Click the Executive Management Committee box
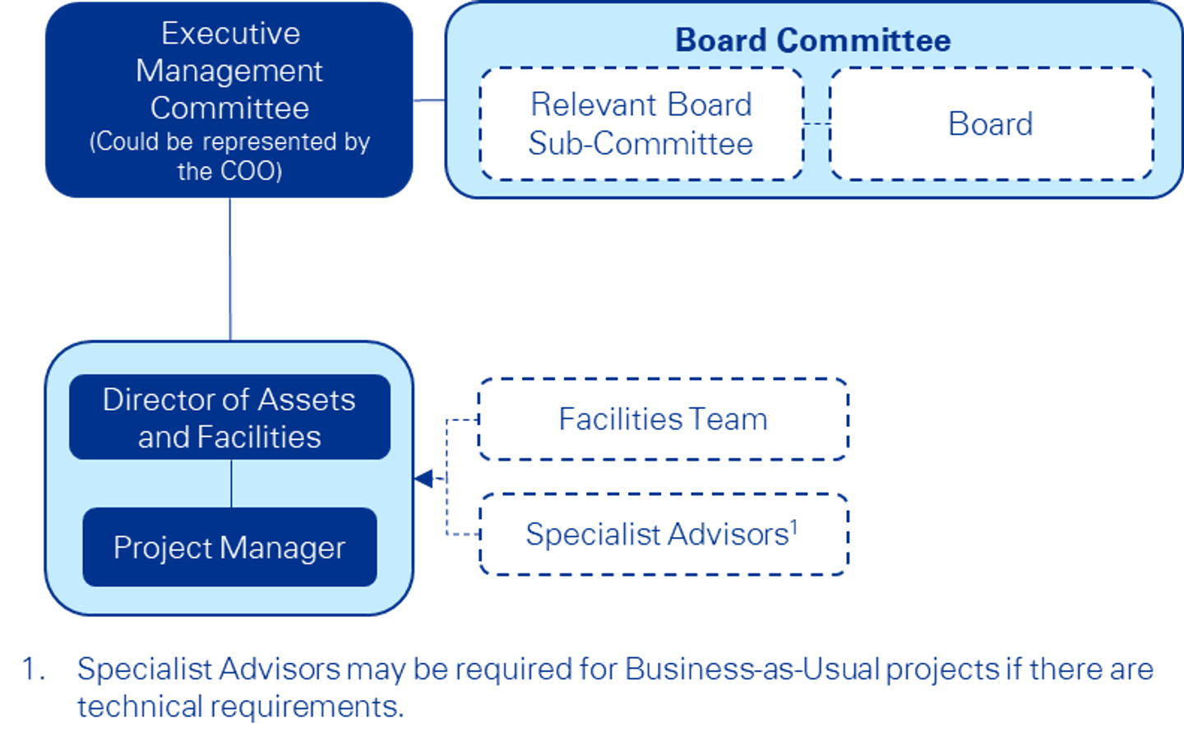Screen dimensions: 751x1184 point(229,100)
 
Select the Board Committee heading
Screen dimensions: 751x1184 point(812,40)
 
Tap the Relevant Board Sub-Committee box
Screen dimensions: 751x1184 point(641,124)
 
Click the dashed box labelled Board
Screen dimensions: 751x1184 point(991,124)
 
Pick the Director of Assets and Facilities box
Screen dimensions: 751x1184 point(229,418)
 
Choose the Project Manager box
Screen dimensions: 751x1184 point(229,548)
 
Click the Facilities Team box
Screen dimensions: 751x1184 point(663,420)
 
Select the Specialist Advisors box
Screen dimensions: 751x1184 point(663,535)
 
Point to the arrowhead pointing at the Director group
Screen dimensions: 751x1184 point(425,478)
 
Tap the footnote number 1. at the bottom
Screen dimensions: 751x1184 point(33,670)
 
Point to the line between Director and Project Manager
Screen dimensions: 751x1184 point(231,484)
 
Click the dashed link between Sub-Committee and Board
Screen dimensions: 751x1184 point(816,124)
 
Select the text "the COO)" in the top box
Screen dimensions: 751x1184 point(229,171)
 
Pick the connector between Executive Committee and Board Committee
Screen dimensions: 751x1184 point(428,100)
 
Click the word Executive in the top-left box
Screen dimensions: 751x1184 point(230,34)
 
